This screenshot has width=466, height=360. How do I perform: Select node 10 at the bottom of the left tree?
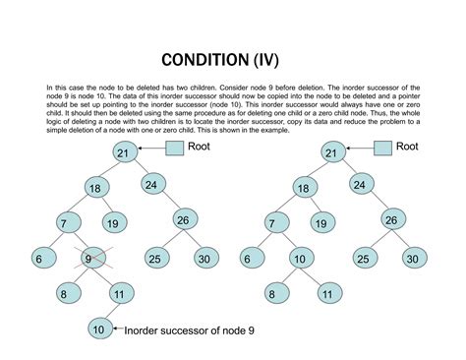[x=99, y=329]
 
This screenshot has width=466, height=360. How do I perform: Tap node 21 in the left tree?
[x=122, y=152]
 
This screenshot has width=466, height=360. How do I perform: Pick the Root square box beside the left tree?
[x=174, y=149]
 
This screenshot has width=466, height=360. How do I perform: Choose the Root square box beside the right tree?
[x=382, y=149]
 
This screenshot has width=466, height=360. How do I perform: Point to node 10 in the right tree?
[x=298, y=259]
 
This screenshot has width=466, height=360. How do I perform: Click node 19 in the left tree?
[x=113, y=223]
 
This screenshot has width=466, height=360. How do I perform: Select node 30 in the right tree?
[x=412, y=259]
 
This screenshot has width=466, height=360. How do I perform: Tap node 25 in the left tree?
[x=154, y=259]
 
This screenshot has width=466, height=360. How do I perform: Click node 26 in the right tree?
[x=391, y=219]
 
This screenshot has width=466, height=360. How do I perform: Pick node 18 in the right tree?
[x=304, y=188]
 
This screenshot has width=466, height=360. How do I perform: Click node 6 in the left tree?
[x=38, y=259]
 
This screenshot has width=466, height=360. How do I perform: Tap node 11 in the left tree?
[x=119, y=293]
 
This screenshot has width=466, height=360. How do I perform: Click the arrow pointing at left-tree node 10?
[x=118, y=330]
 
